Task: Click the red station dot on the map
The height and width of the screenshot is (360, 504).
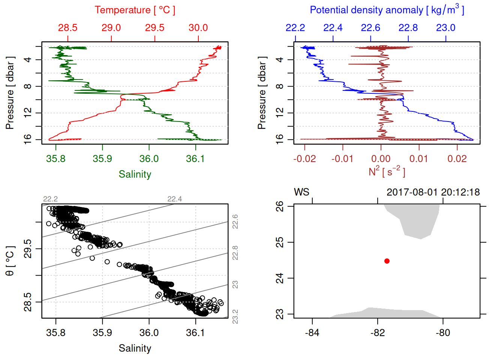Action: click(387, 261)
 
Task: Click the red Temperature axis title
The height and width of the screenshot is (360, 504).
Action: click(135, 10)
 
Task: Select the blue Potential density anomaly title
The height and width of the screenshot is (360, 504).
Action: click(387, 10)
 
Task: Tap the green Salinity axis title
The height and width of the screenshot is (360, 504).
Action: click(135, 174)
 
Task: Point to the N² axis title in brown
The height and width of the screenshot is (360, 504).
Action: click(387, 172)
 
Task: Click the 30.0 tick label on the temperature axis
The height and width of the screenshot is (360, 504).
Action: click(198, 28)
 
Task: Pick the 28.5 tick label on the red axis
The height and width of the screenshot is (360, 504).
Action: click(68, 28)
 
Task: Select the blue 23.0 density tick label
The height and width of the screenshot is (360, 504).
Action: click(445, 28)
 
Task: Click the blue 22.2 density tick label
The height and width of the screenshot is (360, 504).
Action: click(295, 28)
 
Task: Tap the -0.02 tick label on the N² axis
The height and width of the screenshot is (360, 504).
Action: click(304, 159)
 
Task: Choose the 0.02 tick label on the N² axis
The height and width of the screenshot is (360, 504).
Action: click(457, 159)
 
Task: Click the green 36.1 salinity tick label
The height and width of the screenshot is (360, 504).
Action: click(195, 159)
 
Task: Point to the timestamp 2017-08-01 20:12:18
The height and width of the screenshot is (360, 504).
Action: click(433, 192)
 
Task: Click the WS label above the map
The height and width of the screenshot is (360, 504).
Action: click(301, 192)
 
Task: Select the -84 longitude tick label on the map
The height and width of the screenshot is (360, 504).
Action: click(312, 333)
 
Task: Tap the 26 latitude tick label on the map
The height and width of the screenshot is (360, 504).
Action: click(280, 206)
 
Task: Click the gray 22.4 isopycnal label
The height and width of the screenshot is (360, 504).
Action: click(174, 199)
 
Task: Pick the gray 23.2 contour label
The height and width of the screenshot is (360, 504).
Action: click(235, 316)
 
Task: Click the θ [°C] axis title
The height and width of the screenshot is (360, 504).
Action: click(10, 261)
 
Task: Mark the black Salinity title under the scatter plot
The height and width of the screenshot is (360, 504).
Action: click(135, 348)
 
